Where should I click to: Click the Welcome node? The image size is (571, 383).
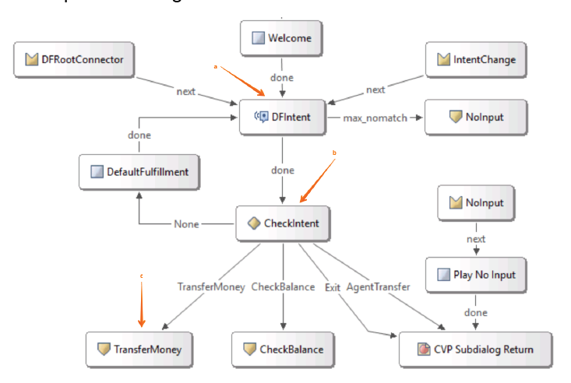282,37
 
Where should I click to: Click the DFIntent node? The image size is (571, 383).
282,118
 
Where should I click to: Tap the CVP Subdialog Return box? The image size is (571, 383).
475,350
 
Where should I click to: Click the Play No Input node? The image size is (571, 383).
475,276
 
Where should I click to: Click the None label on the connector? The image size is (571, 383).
186,224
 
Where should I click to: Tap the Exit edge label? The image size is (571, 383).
332,287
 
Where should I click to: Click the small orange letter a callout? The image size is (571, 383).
216,67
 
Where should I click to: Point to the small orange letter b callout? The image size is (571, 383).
334,153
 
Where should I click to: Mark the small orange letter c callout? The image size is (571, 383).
141,276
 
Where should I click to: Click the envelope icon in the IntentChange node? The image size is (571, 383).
445,59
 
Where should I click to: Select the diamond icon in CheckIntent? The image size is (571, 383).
253,223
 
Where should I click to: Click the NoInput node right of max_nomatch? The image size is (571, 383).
475,118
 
